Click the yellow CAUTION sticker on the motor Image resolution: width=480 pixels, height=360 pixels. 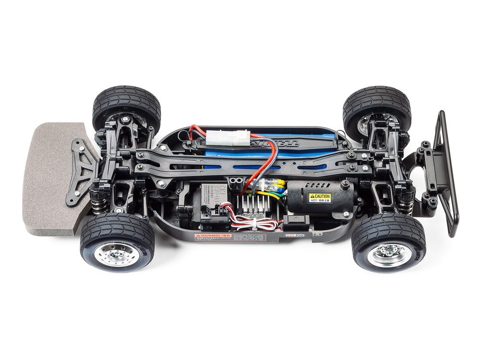coord(319,197)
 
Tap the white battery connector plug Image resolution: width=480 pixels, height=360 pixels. coord(230,138)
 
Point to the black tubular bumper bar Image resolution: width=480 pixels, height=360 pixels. coord(447,173)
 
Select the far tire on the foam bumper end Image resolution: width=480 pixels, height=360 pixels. coord(126,107)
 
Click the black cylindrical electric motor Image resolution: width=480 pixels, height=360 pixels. coord(319,197)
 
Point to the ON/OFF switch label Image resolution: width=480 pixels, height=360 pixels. coord(296,235)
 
